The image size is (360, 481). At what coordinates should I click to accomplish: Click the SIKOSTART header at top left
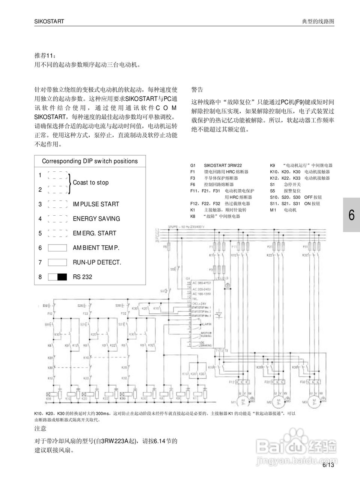click(x=49, y=21)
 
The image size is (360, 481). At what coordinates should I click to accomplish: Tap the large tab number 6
click(x=351, y=215)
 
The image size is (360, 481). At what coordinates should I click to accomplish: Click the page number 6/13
click(x=328, y=465)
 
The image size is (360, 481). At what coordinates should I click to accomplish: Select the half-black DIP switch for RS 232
click(x=57, y=277)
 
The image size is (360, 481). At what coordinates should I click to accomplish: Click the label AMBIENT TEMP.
click(x=96, y=248)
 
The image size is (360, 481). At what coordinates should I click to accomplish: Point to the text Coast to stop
click(x=90, y=183)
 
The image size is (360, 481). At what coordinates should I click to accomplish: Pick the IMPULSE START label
click(x=96, y=204)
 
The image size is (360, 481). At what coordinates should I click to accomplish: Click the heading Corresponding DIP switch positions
click(x=90, y=161)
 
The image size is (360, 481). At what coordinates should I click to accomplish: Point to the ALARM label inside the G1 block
click(x=206, y=324)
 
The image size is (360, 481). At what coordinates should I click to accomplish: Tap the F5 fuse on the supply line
click(x=170, y=247)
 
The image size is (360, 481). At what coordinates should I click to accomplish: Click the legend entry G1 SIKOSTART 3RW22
click(x=216, y=165)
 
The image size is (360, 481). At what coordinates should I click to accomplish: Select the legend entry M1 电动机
click(x=283, y=210)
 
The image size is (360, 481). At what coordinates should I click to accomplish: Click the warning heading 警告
click(x=197, y=89)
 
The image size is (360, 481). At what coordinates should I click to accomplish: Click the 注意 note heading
click(x=41, y=428)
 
